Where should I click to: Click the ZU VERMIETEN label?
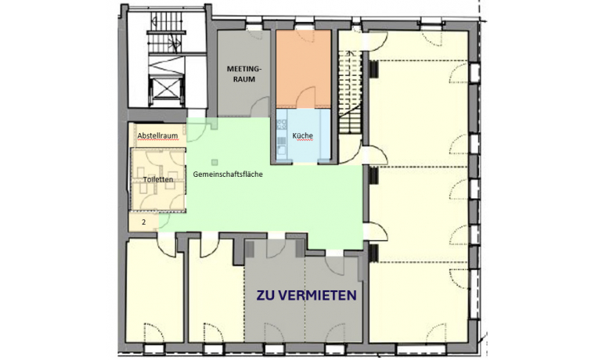coord(308,296)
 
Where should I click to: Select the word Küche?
coord(303,136)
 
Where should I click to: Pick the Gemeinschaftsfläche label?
coord(227,175)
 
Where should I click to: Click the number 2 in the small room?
coord(143,222)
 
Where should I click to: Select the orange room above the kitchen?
coord(305,70)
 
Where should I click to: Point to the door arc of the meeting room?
coord(254,38)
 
